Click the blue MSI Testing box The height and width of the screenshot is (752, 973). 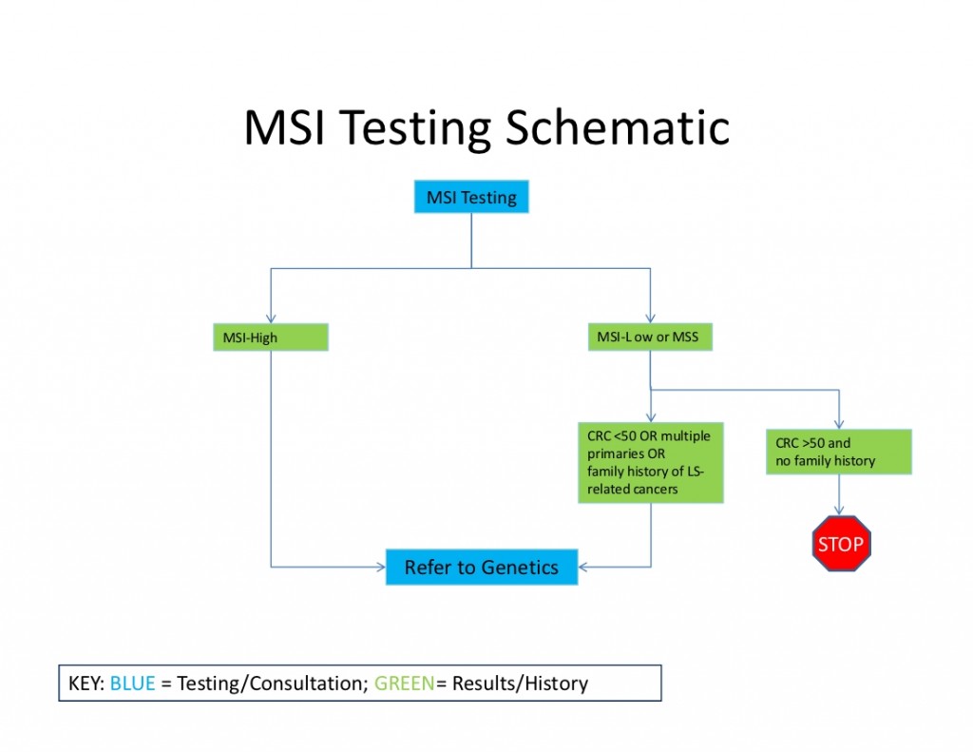click(x=471, y=198)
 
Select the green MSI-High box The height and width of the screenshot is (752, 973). click(x=271, y=337)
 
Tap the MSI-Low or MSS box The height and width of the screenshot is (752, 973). click(x=649, y=337)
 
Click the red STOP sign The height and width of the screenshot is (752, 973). click(x=841, y=545)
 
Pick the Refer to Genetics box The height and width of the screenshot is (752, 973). click(x=482, y=567)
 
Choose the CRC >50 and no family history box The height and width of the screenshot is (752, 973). click(x=838, y=452)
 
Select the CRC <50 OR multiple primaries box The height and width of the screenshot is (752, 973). click(x=650, y=462)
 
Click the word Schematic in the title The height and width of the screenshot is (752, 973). click(x=618, y=128)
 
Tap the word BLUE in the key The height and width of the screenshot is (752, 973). click(x=132, y=683)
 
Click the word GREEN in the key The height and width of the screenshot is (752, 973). click(x=404, y=683)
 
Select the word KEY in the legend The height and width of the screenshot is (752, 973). click(x=84, y=683)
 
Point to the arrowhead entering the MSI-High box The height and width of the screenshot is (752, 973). click(x=271, y=319)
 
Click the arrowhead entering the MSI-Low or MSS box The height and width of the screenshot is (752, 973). click(x=650, y=319)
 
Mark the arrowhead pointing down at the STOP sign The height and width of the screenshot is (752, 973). click(x=840, y=511)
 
